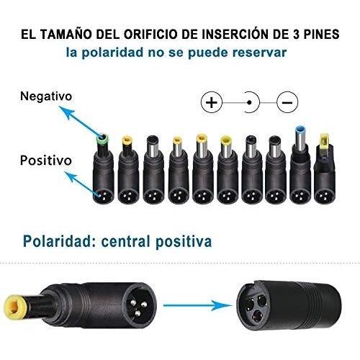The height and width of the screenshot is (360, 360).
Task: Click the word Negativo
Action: click(x=46, y=96)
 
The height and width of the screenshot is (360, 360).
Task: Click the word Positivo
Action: click(x=46, y=161)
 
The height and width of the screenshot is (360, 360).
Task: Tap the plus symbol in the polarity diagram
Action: click(x=212, y=102)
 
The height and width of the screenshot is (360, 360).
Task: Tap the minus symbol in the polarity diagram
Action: click(x=287, y=102)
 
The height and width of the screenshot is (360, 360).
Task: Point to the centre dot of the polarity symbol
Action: click(x=249, y=103)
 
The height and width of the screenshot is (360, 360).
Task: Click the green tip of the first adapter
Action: click(x=102, y=139)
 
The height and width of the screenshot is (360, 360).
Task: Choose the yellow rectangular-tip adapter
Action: click(x=325, y=168)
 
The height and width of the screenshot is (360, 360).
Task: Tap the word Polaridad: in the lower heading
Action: click(x=59, y=241)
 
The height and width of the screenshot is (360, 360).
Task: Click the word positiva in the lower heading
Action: click(x=184, y=242)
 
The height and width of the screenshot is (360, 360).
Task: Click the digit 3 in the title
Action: click(x=296, y=35)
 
